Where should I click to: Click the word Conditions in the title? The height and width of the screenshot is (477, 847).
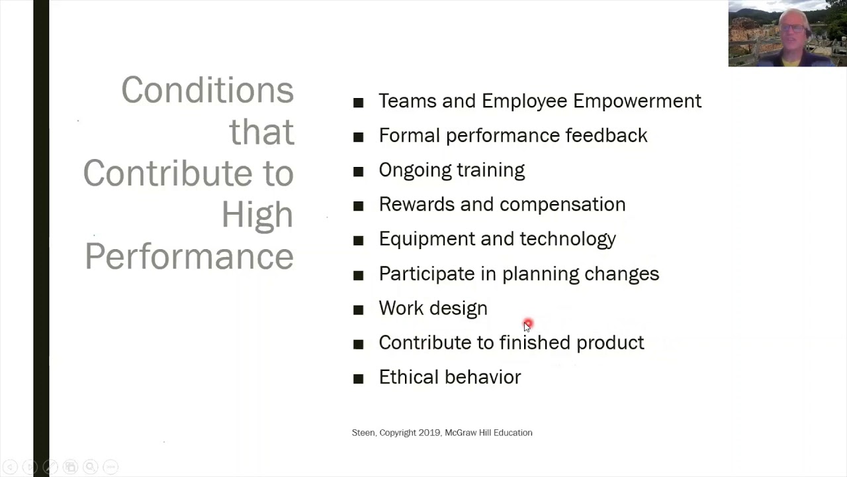[x=207, y=90]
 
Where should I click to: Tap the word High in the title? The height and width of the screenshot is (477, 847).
[x=257, y=215]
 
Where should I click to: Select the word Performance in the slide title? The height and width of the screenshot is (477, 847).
[x=189, y=256]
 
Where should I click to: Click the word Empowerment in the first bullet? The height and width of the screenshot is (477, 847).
[x=637, y=101]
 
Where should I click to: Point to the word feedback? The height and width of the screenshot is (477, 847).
[x=605, y=135]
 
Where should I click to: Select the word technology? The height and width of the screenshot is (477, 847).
[x=567, y=239]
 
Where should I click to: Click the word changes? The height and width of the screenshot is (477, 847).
[x=621, y=274]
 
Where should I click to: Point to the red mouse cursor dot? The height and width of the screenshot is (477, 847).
[x=527, y=324]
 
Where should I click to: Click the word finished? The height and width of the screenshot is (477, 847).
[x=535, y=343]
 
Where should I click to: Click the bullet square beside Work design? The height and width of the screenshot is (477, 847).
[x=359, y=309]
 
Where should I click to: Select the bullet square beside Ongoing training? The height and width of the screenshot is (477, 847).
[x=359, y=172]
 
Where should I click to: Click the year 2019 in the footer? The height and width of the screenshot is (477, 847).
[x=429, y=433]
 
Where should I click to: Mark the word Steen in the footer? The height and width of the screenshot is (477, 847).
[x=363, y=433]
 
